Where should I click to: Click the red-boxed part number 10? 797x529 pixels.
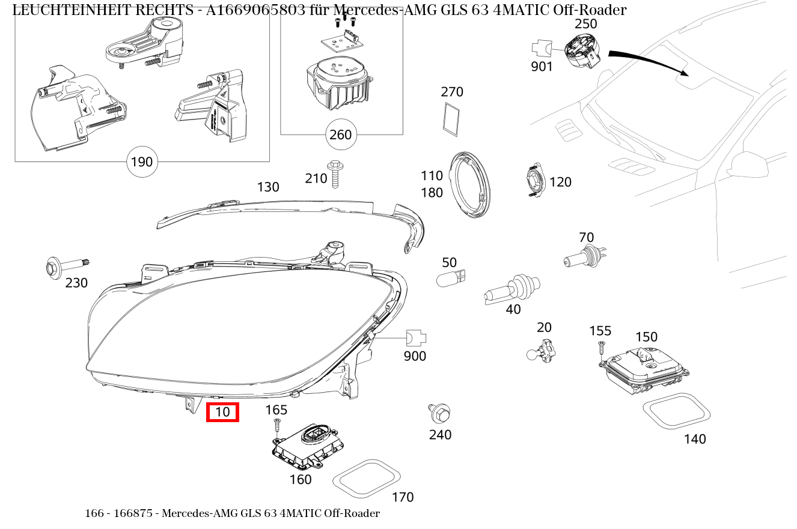[222, 412]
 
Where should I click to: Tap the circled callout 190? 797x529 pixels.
[142, 162]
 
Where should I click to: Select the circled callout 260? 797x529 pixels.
[341, 135]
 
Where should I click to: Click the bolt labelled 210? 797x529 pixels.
[335, 174]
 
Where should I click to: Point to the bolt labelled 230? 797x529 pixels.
[67, 267]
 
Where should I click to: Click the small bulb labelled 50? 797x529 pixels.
[451, 278]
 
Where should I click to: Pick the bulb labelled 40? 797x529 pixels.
[511, 289]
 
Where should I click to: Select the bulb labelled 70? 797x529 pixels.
[585, 256]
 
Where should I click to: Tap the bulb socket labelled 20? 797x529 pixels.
[541, 351]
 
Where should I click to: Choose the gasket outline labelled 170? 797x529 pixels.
[367, 479]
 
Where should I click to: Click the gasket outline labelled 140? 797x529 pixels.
[676, 411]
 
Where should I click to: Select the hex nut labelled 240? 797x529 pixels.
[439, 413]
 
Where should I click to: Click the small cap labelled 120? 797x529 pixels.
[536, 180]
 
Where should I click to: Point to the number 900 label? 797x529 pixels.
[415, 356]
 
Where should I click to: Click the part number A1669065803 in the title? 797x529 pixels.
[255, 10]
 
